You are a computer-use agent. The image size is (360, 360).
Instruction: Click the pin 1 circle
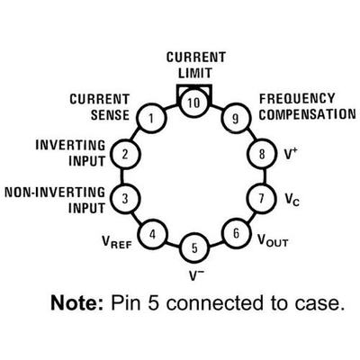[x=151, y=118]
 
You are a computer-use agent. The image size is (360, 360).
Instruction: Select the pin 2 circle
[x=125, y=154]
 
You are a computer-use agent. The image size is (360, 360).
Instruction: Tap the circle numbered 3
[x=125, y=198]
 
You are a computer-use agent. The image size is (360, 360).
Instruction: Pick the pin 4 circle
[x=153, y=234]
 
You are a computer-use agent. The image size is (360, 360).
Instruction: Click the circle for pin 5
[x=194, y=247]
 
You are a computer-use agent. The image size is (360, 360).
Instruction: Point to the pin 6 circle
[x=236, y=233]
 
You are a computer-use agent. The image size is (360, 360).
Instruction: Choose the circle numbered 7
[x=261, y=198]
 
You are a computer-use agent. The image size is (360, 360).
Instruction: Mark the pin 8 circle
[x=262, y=154]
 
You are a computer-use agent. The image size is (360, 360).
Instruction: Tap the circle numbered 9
[x=236, y=119]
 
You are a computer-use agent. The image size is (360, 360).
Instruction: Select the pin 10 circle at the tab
[x=194, y=103]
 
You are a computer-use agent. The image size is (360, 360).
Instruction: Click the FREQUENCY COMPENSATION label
[x=307, y=106]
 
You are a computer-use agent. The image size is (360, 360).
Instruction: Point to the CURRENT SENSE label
[x=100, y=107]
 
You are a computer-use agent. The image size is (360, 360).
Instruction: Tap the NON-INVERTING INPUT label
[x=55, y=200]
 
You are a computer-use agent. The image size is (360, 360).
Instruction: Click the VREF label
[x=117, y=242]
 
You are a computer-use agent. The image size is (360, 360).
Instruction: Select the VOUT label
[x=273, y=239]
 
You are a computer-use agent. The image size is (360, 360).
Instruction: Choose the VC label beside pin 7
[x=292, y=200]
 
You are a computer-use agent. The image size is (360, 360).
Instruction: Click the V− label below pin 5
[x=194, y=274]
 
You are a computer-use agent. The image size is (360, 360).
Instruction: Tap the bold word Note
[x=77, y=302]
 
